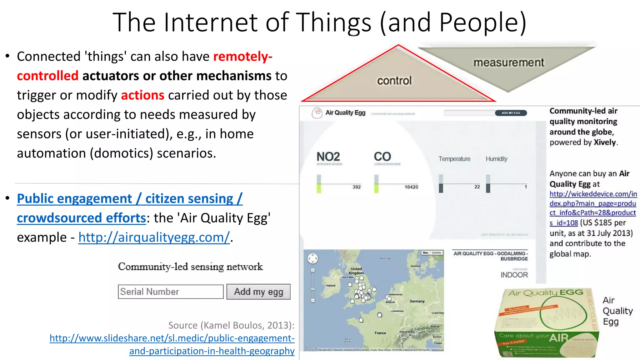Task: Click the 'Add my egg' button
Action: (258, 292)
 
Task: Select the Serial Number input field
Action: (171, 292)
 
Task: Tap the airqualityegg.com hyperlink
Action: (154, 237)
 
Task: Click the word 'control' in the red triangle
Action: (394, 81)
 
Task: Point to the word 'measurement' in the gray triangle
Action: (509, 62)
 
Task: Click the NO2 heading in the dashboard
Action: (328, 157)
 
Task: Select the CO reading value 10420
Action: (411, 187)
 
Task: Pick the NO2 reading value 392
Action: (357, 187)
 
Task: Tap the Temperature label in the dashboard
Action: (454, 159)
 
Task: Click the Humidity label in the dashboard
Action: (496, 159)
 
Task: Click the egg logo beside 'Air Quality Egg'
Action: (317, 112)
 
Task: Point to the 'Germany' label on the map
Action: (417, 301)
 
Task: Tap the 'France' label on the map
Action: (380, 333)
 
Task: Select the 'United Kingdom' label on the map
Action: (356, 271)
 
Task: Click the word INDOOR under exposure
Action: (514, 275)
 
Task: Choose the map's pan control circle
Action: (313, 258)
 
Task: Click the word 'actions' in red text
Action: (142, 95)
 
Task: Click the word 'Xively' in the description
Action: (605, 142)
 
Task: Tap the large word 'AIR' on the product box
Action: (559, 337)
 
